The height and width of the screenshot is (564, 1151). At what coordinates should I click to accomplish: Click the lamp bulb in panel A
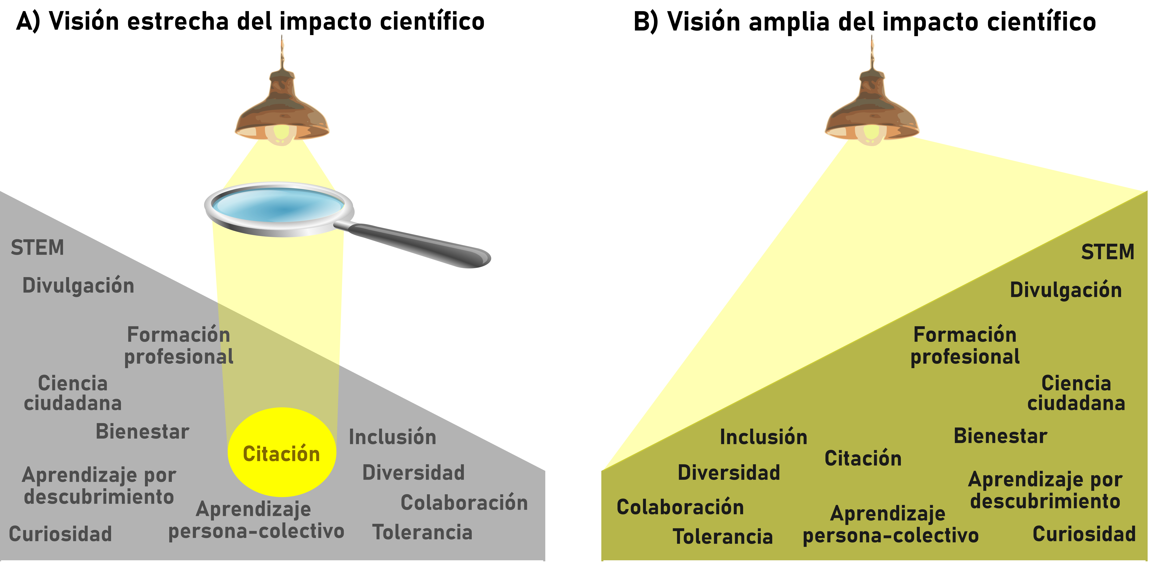pos(282,133)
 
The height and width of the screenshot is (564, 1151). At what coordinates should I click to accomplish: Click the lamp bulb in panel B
pos(871,133)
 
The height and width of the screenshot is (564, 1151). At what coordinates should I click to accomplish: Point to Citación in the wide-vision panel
pos(863,458)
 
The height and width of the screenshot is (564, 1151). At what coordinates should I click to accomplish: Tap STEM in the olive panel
pos(1107,252)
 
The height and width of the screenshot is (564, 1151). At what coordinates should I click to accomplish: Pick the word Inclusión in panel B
pos(764,437)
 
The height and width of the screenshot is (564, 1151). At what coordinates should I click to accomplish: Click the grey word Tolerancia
pos(422,532)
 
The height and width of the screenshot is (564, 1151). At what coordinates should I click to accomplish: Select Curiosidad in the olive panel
pos(1084,534)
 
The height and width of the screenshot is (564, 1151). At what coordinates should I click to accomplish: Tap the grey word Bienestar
pos(142,432)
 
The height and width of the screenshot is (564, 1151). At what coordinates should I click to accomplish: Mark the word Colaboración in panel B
pos(680,507)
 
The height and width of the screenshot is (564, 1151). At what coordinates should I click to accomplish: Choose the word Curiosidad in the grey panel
pos(60,534)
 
